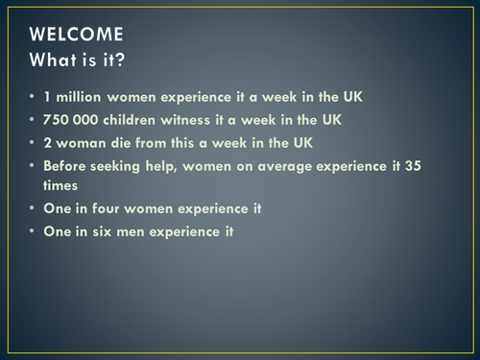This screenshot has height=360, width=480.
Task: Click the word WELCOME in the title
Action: click(76, 35)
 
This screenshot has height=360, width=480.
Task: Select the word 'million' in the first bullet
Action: click(82, 99)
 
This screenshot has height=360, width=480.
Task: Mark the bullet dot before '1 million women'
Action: click(32, 99)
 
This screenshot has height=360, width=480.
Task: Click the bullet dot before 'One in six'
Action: click(32, 231)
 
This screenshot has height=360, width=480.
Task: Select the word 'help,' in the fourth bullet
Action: click(183, 165)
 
